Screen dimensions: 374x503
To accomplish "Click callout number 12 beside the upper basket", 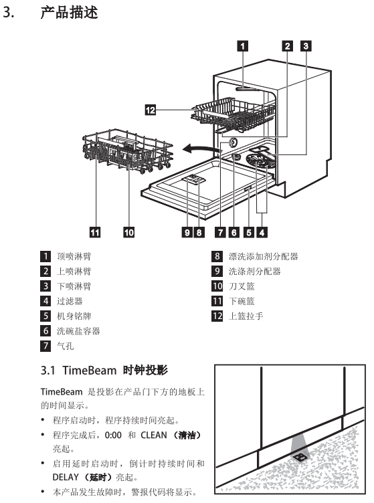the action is [x=151, y=110].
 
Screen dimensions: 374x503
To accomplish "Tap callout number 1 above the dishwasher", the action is [x=242, y=46].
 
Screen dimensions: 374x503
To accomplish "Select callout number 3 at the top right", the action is [x=306, y=46].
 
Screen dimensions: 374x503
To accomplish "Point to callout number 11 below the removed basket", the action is [x=94, y=232].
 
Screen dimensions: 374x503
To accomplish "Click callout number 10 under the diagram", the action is [x=129, y=232].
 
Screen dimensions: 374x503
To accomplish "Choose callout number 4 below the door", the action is [x=262, y=232].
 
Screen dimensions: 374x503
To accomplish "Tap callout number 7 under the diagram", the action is [x=220, y=232].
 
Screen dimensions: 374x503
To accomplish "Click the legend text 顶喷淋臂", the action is [x=74, y=256].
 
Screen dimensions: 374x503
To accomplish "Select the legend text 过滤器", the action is [x=70, y=301].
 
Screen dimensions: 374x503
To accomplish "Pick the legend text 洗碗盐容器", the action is [x=78, y=330].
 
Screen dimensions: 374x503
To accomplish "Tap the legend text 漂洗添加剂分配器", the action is [x=264, y=256].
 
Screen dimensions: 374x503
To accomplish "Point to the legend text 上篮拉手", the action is [x=246, y=316].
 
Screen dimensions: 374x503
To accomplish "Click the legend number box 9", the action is [x=217, y=271].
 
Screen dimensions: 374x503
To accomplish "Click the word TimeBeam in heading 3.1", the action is [x=89, y=370].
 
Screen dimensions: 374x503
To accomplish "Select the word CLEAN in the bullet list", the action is [x=154, y=435].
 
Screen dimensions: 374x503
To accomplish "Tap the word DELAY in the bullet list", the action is [x=66, y=477].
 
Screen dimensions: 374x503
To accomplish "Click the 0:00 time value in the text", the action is [x=113, y=435].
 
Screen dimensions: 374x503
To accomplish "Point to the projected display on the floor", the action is [x=299, y=456].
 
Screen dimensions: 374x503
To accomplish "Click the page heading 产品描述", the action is [x=69, y=13].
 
